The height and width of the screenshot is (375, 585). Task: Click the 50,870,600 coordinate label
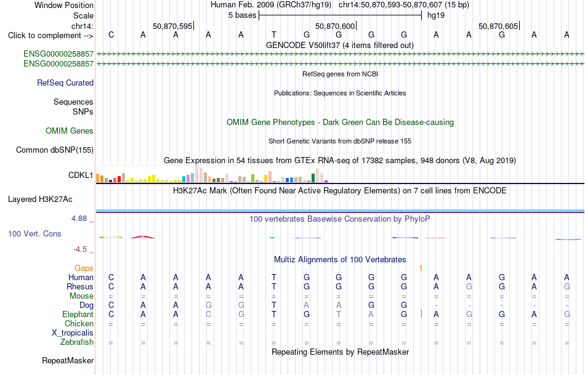coord(335,26)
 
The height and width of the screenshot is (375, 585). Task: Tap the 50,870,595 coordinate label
coord(172,26)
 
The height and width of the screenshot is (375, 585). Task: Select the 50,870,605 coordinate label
coord(498,26)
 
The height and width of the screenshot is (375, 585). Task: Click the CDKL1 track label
coord(81,175)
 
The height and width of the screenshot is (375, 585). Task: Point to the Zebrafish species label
coord(77,342)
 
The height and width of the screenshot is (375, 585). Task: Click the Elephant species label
coord(78,315)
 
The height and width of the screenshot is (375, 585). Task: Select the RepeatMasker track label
coord(68,360)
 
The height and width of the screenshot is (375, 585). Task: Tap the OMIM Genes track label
coord(70,131)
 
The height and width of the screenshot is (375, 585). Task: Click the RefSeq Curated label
coord(65,83)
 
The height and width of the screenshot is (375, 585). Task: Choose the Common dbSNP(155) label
coord(55,150)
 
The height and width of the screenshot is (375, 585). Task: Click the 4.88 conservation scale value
coord(79,218)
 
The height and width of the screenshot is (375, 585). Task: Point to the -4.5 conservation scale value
coord(80,249)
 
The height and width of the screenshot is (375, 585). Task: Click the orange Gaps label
coord(84,268)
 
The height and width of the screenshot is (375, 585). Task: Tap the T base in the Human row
coord(274,277)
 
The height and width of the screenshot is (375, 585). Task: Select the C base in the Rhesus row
coord(111,286)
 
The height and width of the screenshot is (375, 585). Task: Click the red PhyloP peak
coord(142,236)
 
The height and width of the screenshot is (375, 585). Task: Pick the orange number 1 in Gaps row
coord(421,268)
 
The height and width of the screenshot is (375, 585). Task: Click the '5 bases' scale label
coord(243,15)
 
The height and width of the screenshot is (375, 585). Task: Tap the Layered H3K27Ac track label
coord(40,200)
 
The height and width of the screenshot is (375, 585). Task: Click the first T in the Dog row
coord(274,305)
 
